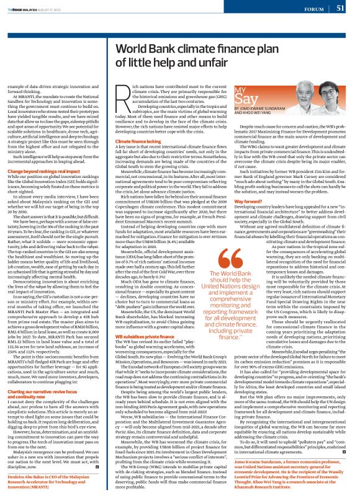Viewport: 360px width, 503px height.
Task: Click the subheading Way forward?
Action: [x=248, y=218]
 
